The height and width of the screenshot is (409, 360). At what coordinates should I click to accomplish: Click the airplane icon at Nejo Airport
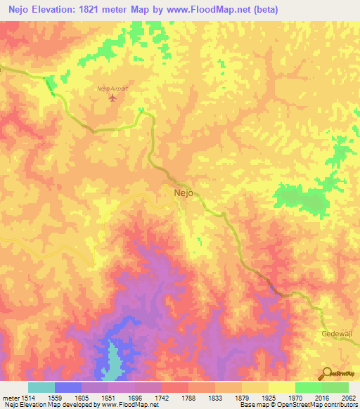[112, 98]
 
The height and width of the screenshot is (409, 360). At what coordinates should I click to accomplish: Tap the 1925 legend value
[268, 398]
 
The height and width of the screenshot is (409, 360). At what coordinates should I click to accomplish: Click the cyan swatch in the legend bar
[41, 387]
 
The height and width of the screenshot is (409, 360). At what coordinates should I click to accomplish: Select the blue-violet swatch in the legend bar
[67, 387]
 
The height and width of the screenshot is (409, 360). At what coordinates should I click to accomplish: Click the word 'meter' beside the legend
[9, 398]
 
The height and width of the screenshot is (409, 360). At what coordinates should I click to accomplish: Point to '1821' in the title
[96, 10]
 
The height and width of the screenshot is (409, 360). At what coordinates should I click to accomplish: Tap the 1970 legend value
[295, 398]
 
